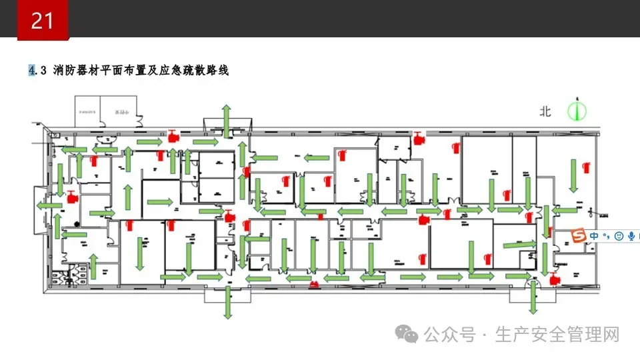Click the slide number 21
pyautogui.click(x=42, y=21)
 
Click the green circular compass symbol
pyautogui.click(x=577, y=111)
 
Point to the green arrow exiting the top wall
pyautogui.click(x=227, y=118)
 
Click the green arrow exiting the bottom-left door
pyautogui.click(x=227, y=304)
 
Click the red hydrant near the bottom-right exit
pyautogui.click(x=554, y=279)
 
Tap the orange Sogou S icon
pyautogui.click(x=579, y=236)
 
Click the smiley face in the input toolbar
pyautogui.click(x=619, y=236)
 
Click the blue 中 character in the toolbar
pyautogui.click(x=593, y=236)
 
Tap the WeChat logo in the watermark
pyautogui.click(x=408, y=333)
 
